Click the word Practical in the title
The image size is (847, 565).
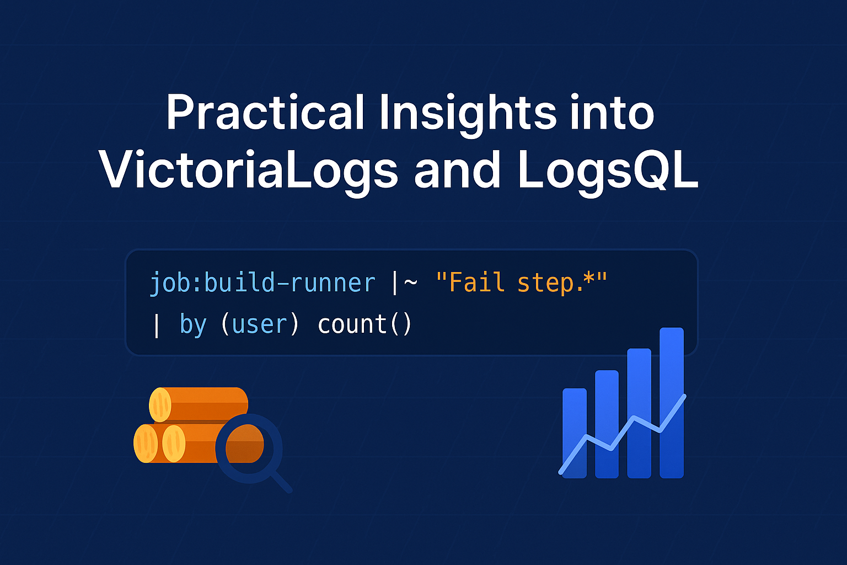(x=265, y=113)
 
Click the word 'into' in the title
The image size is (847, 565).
(x=613, y=113)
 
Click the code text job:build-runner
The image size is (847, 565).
(x=262, y=283)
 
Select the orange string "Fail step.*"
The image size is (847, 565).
(x=522, y=282)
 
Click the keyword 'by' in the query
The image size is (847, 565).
(x=193, y=324)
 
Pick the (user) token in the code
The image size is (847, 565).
(x=260, y=324)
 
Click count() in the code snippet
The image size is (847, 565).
(x=364, y=324)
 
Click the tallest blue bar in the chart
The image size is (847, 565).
(x=672, y=403)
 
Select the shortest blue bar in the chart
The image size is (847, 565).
(x=575, y=433)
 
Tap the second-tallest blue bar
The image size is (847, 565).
(x=639, y=413)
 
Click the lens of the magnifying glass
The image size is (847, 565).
(x=249, y=448)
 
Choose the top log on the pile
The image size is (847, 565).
(x=199, y=404)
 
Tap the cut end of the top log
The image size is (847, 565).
(x=160, y=404)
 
